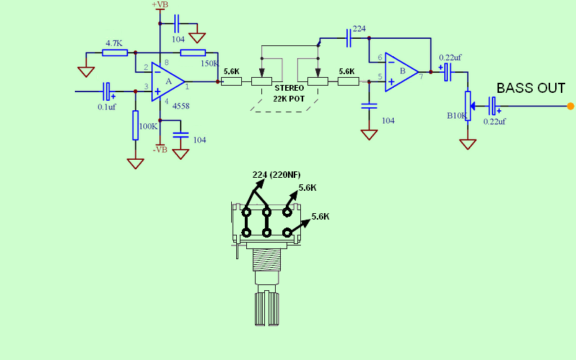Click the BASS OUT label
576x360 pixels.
click(x=531, y=89)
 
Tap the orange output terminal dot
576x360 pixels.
click(x=570, y=107)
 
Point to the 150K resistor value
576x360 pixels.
click(x=210, y=63)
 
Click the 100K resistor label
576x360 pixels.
click(x=148, y=126)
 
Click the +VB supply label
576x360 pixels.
click(x=160, y=5)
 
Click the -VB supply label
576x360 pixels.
click(x=160, y=149)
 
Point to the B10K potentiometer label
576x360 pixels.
click(x=457, y=115)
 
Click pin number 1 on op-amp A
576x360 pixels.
click(x=187, y=87)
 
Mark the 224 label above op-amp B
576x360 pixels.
click(x=359, y=30)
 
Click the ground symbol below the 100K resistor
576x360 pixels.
click(x=135, y=163)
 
